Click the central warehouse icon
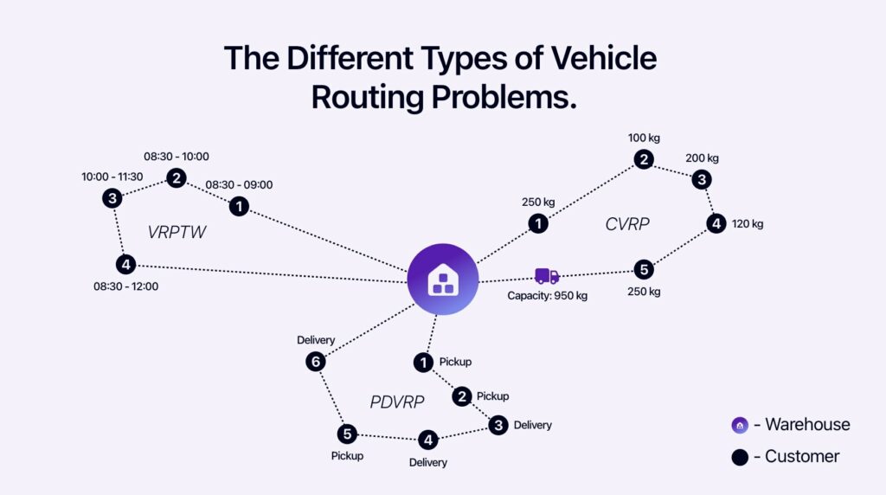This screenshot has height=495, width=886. [x=442, y=279]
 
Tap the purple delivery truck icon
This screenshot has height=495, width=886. [x=547, y=276]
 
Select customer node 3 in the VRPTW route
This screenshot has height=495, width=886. [x=112, y=198]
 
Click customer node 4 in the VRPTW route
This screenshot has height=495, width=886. [x=126, y=264]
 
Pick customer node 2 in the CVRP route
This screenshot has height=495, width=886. [x=643, y=159]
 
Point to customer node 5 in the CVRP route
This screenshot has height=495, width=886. [x=643, y=269]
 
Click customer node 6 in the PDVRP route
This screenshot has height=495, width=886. [x=316, y=362]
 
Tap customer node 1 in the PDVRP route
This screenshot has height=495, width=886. [x=423, y=363]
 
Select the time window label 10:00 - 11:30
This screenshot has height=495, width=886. [x=112, y=177]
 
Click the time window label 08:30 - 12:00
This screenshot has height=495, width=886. [x=126, y=286]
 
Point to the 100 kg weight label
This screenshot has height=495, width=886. [x=644, y=138]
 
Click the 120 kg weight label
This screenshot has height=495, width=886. [x=747, y=224]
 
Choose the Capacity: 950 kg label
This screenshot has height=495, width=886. [x=547, y=296]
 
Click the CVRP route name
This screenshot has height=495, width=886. [x=627, y=225]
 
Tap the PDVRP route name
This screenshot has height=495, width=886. [x=396, y=402]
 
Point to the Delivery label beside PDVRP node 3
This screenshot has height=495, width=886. [x=532, y=425]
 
